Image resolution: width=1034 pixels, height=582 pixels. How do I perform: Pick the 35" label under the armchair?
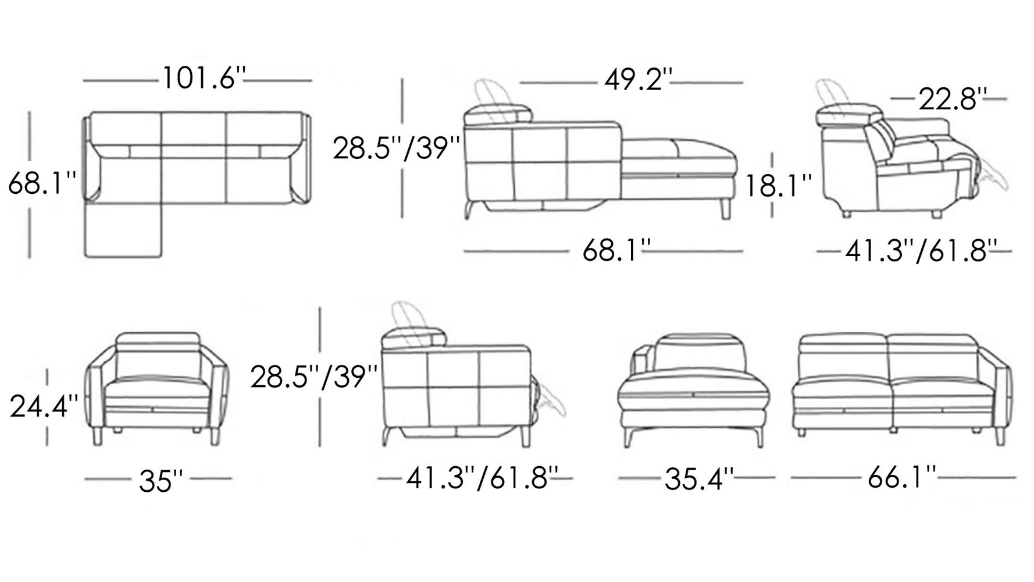pyautogui.click(x=161, y=481)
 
